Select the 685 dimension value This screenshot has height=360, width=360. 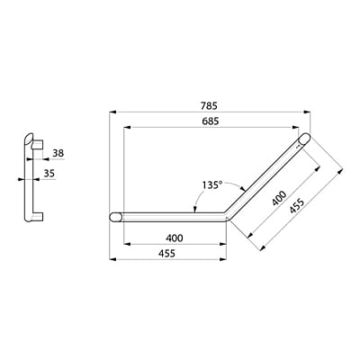pos(211,120)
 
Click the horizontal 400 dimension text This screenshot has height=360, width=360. pos(175,238)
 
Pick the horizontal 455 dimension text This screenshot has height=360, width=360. pos(175,255)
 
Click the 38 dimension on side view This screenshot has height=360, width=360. pos(58,153)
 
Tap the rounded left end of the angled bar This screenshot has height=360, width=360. pos(116,217)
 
